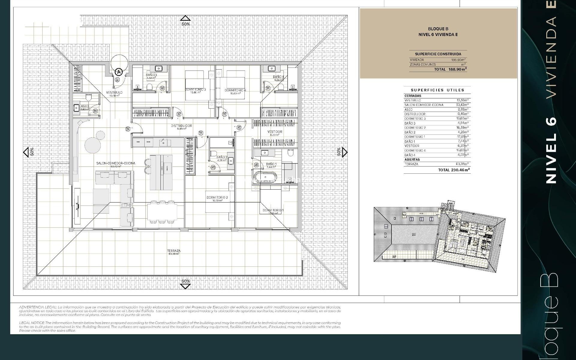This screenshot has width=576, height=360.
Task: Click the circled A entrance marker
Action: [x=119, y=72]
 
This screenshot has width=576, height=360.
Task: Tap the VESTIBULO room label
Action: [x=114, y=92]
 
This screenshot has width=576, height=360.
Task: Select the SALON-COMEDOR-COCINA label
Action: [x=115, y=163]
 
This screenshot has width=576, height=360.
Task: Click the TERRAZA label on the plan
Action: [x=174, y=251]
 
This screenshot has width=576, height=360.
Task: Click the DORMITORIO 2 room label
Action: [x=217, y=197]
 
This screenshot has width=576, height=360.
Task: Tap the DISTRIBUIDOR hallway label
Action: [x=181, y=126]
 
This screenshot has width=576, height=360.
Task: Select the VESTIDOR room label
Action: [x=274, y=132]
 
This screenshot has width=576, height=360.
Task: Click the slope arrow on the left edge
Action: [x=26, y=152]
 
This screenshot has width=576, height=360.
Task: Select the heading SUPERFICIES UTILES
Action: [x=437, y=90]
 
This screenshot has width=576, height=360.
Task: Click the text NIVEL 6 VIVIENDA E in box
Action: [x=438, y=34]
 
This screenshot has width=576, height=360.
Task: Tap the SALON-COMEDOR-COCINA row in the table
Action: [x=424, y=105]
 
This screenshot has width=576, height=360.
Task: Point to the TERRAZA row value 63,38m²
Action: [x=462, y=164]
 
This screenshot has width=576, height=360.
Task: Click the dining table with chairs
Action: [x=162, y=212]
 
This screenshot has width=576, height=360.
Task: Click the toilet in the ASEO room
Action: [x=88, y=97]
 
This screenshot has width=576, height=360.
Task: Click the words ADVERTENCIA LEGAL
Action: [x=38, y=307]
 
